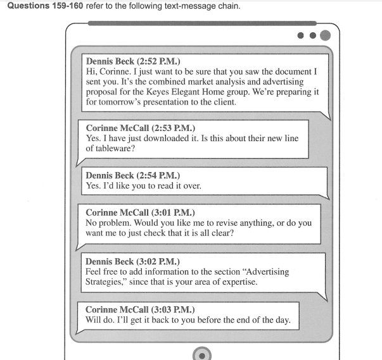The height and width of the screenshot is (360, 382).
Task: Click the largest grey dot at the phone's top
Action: [x=325, y=35]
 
